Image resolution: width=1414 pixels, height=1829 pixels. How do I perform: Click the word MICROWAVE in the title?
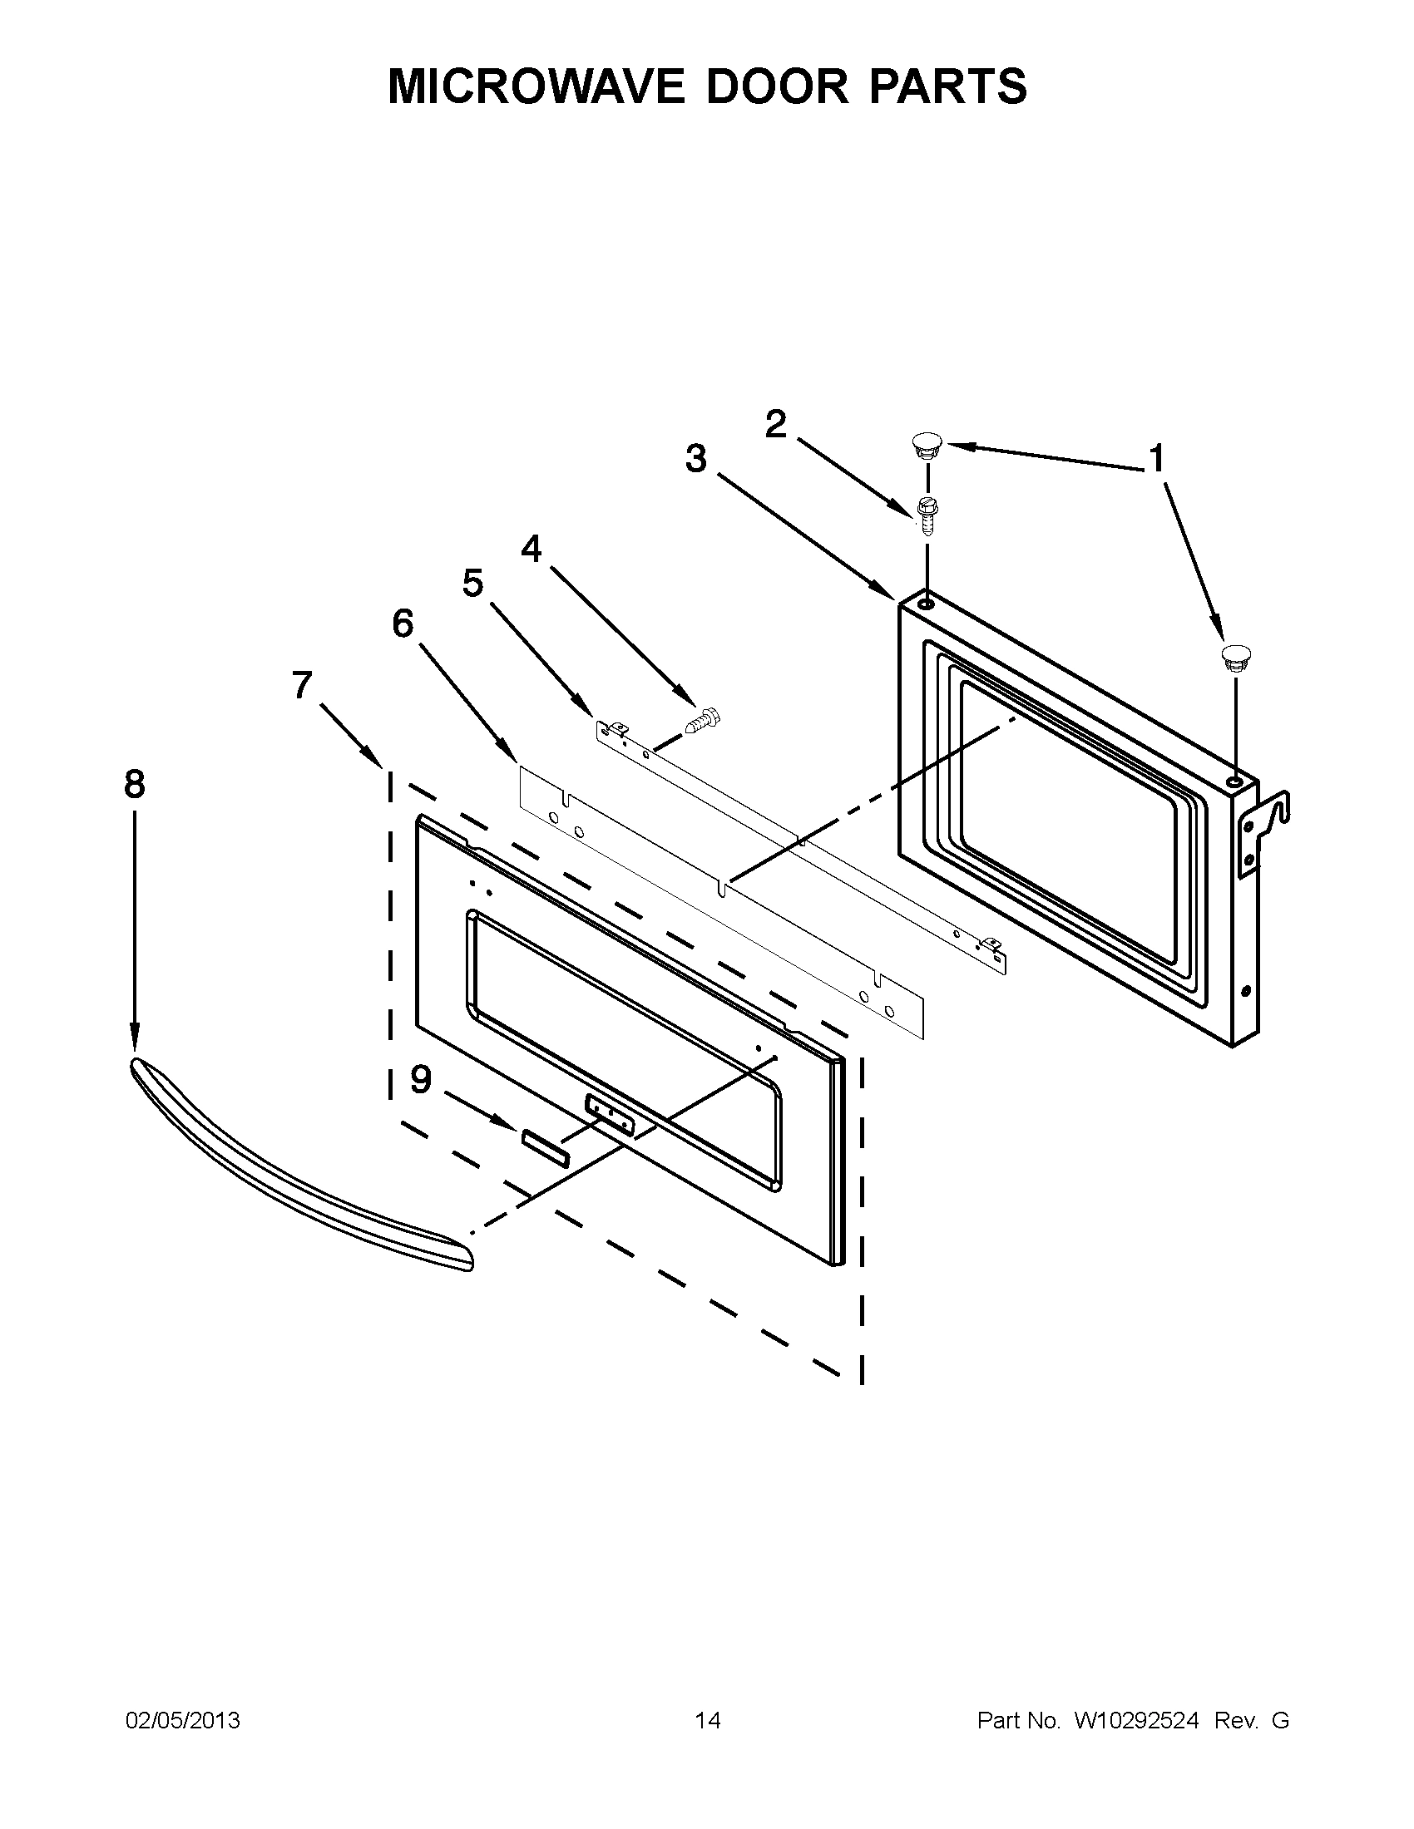pos(537,86)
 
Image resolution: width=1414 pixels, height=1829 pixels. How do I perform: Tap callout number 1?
pos(1156,459)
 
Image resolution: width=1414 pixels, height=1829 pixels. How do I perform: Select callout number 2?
pos(776,425)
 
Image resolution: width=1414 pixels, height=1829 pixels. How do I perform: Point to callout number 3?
pos(695,459)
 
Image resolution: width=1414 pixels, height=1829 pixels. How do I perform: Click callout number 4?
pos(531,550)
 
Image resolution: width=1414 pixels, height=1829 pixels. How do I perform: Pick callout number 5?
pos(472,583)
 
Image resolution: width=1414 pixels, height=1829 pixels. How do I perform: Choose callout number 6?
pos(403,623)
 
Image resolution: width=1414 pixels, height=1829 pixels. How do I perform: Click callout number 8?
pos(134,785)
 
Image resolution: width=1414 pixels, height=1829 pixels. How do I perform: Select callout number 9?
pos(421,1079)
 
